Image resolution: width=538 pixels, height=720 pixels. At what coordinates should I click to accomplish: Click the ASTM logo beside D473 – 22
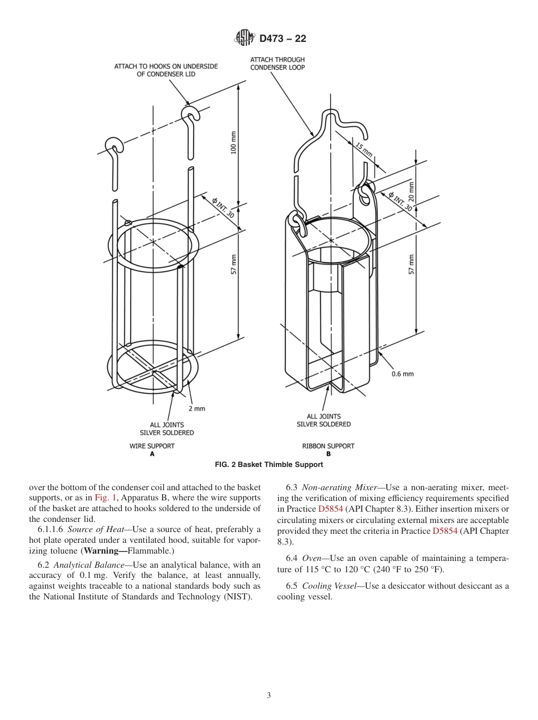tap(245, 38)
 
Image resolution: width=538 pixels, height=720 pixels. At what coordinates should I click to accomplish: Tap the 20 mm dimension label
tap(411, 191)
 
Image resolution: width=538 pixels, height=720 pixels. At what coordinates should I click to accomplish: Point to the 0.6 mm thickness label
tap(403, 374)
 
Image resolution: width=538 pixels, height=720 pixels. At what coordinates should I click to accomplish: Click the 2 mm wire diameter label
tap(197, 408)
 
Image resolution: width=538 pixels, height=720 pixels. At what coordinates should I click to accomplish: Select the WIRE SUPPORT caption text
tap(152, 446)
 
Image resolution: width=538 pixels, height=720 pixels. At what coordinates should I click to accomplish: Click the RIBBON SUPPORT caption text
tap(328, 446)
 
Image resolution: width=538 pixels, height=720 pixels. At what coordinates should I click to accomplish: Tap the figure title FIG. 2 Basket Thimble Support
tap(269, 465)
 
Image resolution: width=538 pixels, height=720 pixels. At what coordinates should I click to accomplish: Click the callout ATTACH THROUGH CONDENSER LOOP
tap(277, 63)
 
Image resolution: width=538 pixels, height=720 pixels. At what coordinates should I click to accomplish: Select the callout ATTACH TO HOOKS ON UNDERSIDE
tap(166, 70)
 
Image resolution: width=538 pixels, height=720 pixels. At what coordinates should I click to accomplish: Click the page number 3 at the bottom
tap(269, 696)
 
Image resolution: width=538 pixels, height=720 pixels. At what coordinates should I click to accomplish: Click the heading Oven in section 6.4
tap(314, 558)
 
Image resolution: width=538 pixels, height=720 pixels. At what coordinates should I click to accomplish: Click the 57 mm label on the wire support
tap(233, 264)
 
